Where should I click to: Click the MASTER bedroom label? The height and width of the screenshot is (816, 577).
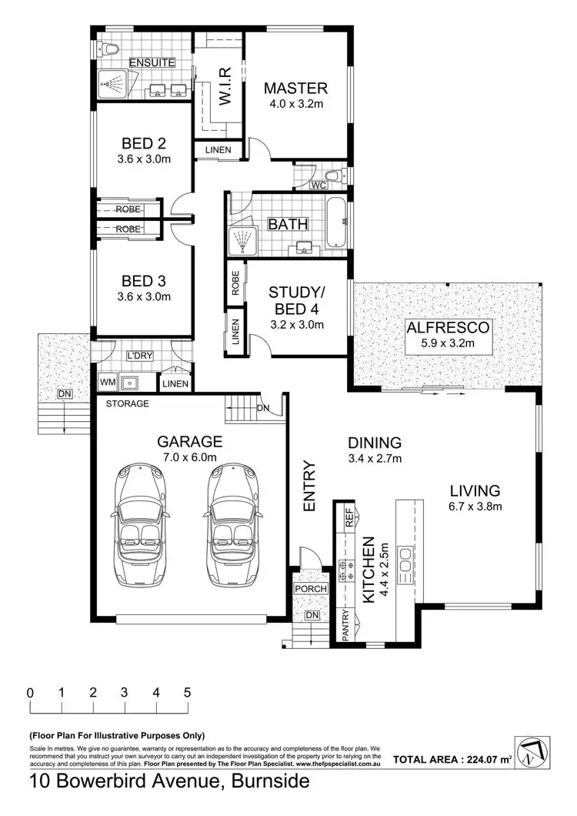[x=295, y=88]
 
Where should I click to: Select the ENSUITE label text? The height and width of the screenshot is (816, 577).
[x=152, y=62]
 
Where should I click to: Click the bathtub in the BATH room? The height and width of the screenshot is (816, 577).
[x=335, y=224]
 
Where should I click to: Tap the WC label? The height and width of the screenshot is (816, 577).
[x=319, y=186]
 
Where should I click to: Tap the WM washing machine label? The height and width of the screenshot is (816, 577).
[x=106, y=382]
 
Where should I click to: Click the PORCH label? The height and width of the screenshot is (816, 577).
[x=311, y=590]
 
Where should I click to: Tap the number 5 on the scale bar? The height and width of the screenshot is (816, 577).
[x=187, y=691]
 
